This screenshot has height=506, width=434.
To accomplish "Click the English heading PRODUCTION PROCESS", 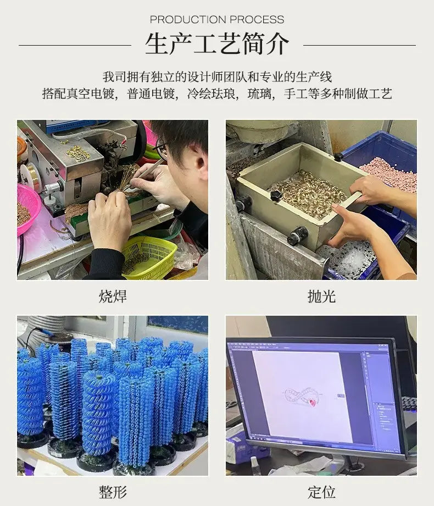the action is click(x=217, y=20).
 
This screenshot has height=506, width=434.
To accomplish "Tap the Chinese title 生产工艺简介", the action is click(x=217, y=44).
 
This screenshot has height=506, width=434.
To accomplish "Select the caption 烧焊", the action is click(x=113, y=296).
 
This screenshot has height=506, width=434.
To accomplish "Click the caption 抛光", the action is click(x=321, y=296).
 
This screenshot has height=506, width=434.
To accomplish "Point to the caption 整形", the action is click(x=113, y=492).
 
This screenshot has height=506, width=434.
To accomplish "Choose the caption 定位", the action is click(x=321, y=492).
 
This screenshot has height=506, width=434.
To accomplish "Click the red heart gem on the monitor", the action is click(x=312, y=402).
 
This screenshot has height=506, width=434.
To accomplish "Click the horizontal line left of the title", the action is click(x=75, y=45).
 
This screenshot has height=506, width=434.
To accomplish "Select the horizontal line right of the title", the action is click(x=359, y=45).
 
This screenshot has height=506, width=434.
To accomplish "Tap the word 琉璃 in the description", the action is click(x=259, y=94).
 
